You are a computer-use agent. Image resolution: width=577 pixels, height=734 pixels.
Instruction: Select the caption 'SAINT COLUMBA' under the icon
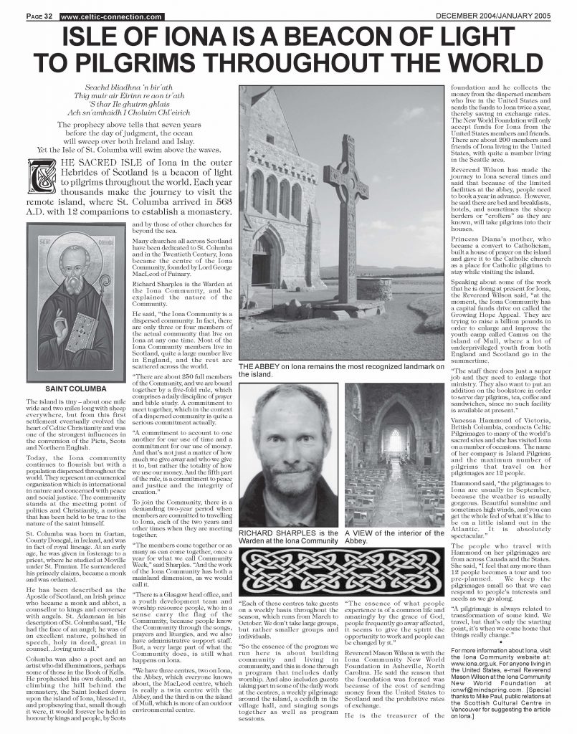tap(72, 388)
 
